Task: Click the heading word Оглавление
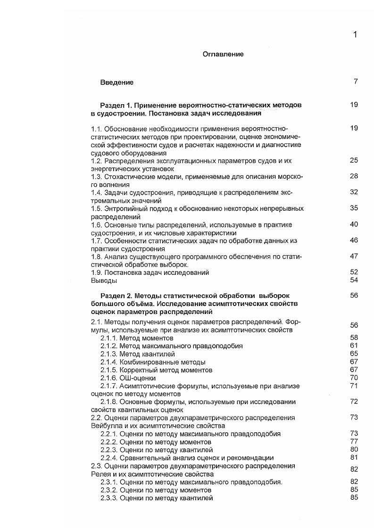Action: pos(223,54)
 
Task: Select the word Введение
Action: pos(116,83)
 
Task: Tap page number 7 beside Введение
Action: pos(356,82)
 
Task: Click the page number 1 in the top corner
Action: pos(355,34)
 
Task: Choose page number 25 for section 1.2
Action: pos(354,160)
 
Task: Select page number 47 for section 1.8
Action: pos(354,256)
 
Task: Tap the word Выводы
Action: pos(103,281)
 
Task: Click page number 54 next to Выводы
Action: pos(354,280)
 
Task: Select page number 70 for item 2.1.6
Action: pos(354,378)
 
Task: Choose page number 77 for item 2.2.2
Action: pos(354,441)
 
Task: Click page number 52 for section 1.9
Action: pos(354,272)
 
